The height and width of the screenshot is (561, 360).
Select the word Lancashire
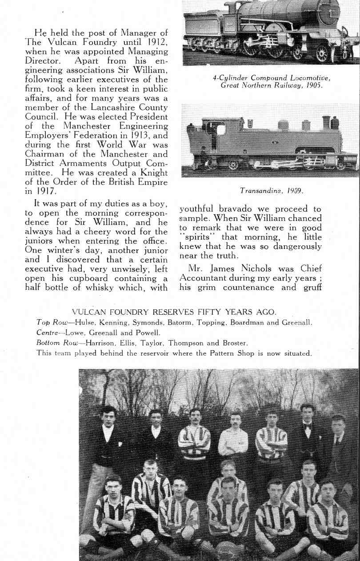(99, 108)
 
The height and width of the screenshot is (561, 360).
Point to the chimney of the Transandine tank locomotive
(326, 122)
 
